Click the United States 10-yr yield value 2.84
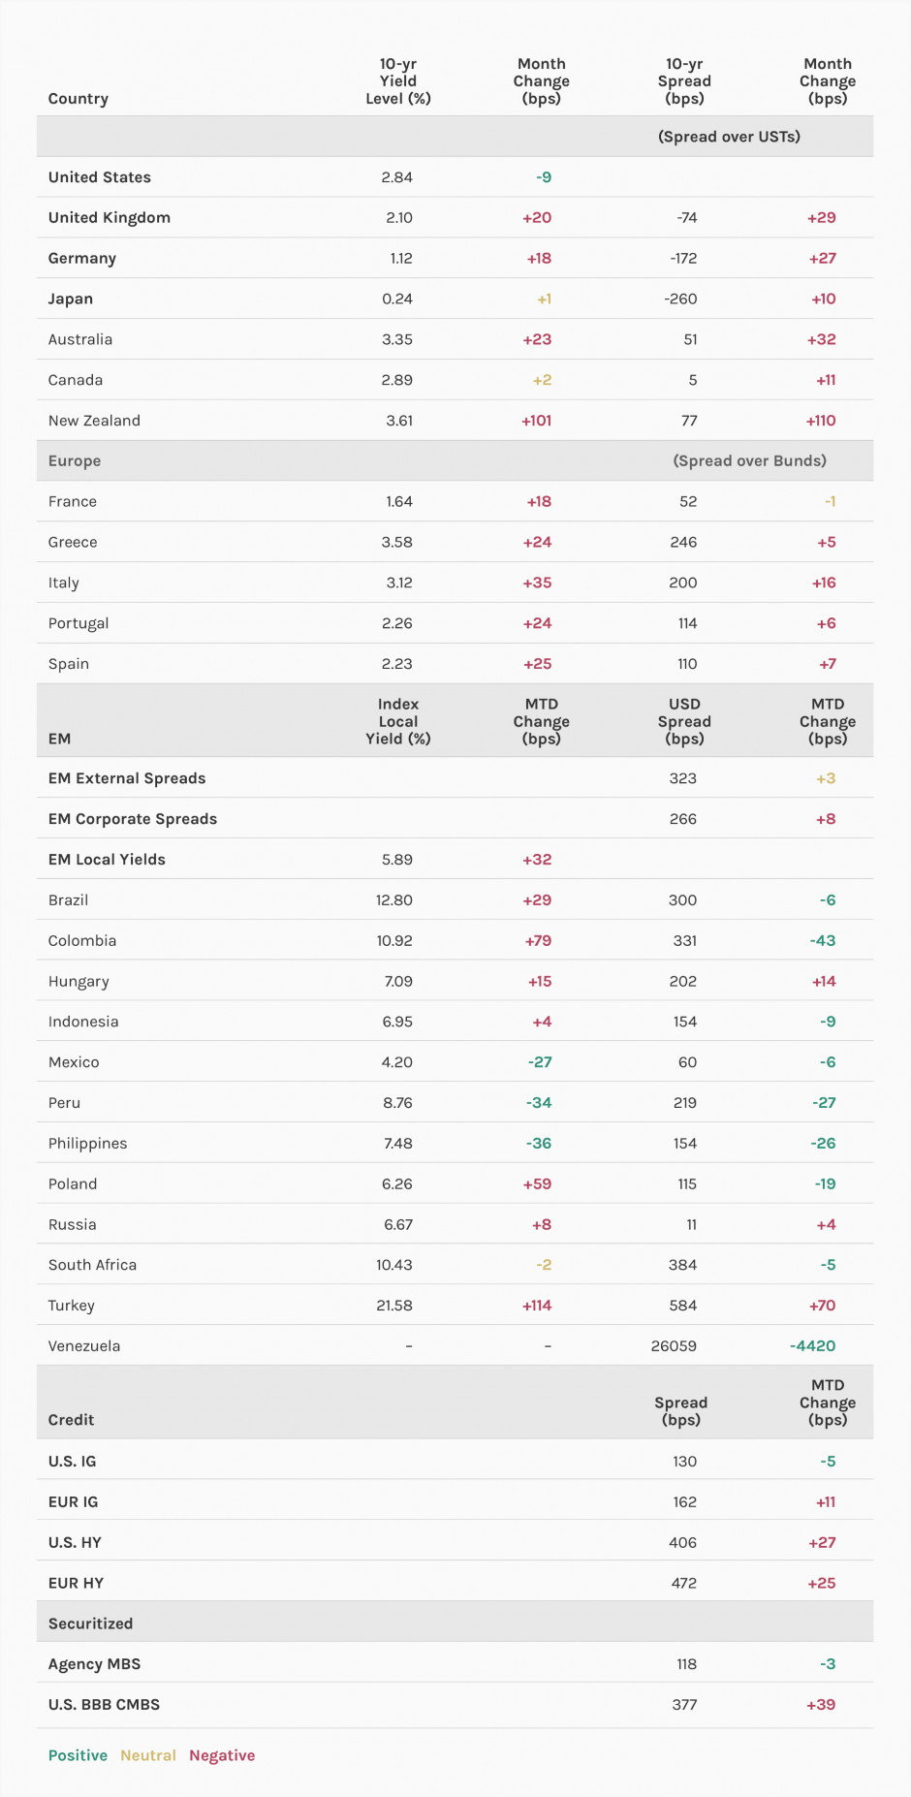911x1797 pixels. tap(396, 177)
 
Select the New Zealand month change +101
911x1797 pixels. tap(537, 421)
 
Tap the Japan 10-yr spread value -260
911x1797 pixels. tap(680, 299)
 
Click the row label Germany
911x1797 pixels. tap(82, 258)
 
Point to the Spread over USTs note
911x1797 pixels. tap(729, 137)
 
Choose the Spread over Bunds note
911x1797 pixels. tap(749, 461)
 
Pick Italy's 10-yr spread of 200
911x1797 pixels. tap(683, 583)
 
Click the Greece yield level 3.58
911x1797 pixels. tap(396, 542)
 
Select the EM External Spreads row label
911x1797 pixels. tap(127, 778)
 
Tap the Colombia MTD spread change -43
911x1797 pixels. tap(823, 940)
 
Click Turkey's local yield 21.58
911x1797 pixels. tap(394, 1306)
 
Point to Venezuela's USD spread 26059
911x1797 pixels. tap(674, 1346)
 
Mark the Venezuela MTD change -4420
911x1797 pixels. tap(812, 1346)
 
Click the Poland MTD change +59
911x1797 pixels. tap(537, 1183)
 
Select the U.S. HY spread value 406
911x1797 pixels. tap(683, 1542)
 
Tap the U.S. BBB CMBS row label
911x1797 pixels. tap(104, 1704)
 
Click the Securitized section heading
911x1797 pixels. tap(90, 1624)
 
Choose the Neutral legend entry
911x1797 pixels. tap(148, 1755)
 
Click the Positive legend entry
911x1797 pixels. tap(78, 1755)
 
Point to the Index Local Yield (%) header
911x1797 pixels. tap(398, 721)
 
